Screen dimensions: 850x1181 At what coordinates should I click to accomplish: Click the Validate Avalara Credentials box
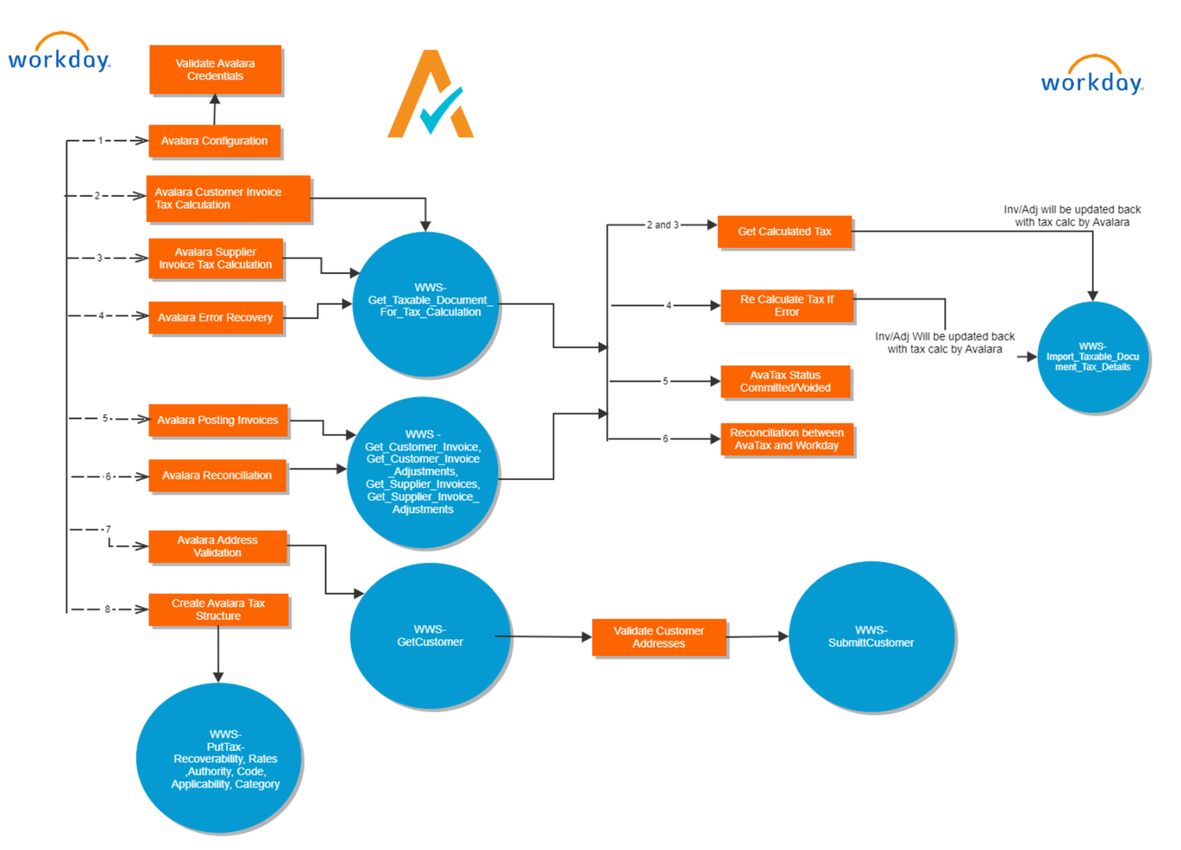tap(215, 70)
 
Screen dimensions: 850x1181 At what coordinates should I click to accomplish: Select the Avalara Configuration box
tap(214, 141)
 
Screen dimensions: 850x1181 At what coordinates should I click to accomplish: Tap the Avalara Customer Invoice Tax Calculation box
tap(228, 198)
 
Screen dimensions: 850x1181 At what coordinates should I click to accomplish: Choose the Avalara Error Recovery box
tap(215, 318)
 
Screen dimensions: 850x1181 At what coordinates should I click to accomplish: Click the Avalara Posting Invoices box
tap(218, 420)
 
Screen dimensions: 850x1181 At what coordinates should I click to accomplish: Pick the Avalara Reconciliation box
tap(217, 476)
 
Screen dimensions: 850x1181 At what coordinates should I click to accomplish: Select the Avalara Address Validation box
tap(217, 547)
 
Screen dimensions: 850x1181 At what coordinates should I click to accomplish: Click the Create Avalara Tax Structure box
tap(218, 610)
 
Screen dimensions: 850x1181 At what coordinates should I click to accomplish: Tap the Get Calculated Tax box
tap(784, 231)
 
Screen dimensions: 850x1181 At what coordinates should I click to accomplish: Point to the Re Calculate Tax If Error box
tap(787, 306)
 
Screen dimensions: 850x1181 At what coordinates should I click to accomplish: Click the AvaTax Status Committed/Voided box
tap(785, 382)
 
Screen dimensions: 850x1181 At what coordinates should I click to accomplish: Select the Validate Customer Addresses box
tap(659, 637)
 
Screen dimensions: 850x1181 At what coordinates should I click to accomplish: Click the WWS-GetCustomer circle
tap(430, 636)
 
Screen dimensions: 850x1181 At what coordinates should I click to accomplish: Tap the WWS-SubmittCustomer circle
tap(871, 637)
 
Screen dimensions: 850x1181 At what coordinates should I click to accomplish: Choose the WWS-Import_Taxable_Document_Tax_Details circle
tap(1092, 357)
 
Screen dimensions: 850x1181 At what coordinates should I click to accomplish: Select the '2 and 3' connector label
tap(662, 225)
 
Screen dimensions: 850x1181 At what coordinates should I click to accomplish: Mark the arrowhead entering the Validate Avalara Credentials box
tap(215, 99)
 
